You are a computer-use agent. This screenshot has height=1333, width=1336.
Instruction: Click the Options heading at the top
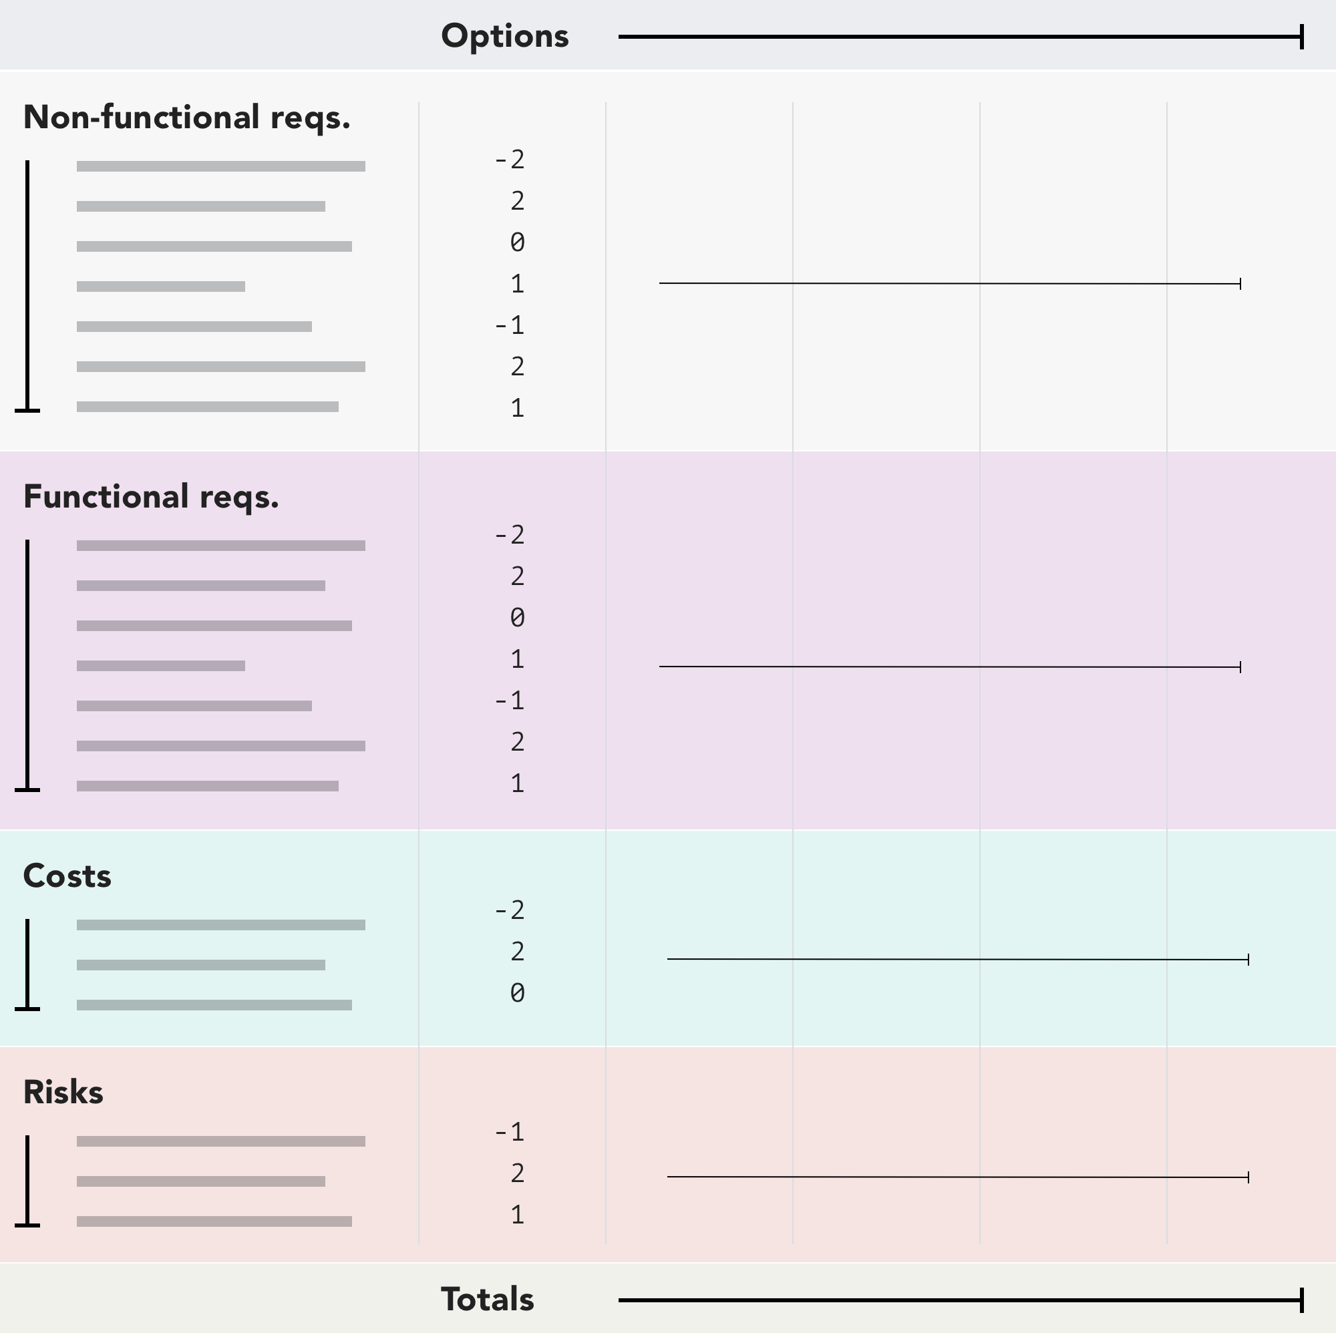click(x=505, y=36)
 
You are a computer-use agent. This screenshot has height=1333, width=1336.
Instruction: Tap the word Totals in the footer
click(x=488, y=1299)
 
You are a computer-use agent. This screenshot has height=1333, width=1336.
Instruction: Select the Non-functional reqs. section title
click(x=187, y=118)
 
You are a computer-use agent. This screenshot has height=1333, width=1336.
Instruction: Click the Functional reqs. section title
click(x=151, y=497)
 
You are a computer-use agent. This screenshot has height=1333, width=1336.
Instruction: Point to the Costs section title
click(x=67, y=876)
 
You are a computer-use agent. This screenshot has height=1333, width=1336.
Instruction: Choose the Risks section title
click(x=63, y=1093)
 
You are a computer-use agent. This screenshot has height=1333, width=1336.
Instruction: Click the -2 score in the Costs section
click(x=510, y=910)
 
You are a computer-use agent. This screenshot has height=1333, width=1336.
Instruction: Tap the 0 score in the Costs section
click(x=517, y=994)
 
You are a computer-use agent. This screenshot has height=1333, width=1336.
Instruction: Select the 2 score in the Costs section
click(x=517, y=952)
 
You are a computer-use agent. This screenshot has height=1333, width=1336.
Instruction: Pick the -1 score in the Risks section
click(x=510, y=1132)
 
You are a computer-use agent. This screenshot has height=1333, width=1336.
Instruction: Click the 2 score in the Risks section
click(x=517, y=1173)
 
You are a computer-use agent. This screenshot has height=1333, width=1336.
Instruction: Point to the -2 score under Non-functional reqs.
click(x=510, y=160)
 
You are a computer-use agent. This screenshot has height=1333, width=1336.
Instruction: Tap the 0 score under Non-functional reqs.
click(x=517, y=242)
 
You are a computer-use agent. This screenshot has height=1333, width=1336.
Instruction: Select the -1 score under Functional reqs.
click(x=510, y=701)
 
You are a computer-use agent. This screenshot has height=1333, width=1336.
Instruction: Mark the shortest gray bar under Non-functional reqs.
click(x=160, y=287)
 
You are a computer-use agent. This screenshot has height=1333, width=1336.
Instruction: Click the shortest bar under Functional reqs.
click(x=160, y=666)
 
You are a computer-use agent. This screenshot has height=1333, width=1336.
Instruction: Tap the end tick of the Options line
click(x=1302, y=37)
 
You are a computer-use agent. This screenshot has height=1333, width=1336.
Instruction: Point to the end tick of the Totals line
click(x=1302, y=1300)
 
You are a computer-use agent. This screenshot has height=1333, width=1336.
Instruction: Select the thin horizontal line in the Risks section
click(x=958, y=1177)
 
